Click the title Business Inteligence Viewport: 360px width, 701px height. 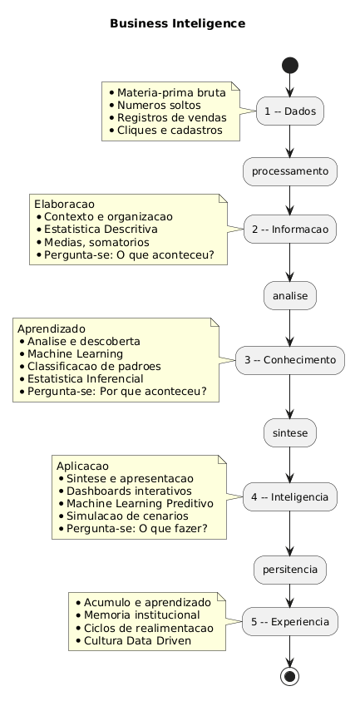pos(177,23)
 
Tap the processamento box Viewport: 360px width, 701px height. pos(289,171)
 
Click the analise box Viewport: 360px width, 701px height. pos(289,295)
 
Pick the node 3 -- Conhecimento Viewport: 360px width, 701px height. pos(289,360)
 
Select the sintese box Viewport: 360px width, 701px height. pos(289,434)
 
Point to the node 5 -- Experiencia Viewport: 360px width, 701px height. pos(289,620)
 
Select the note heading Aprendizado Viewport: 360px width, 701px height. pos(51,328)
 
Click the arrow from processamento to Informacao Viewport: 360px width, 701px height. pos(289,199)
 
